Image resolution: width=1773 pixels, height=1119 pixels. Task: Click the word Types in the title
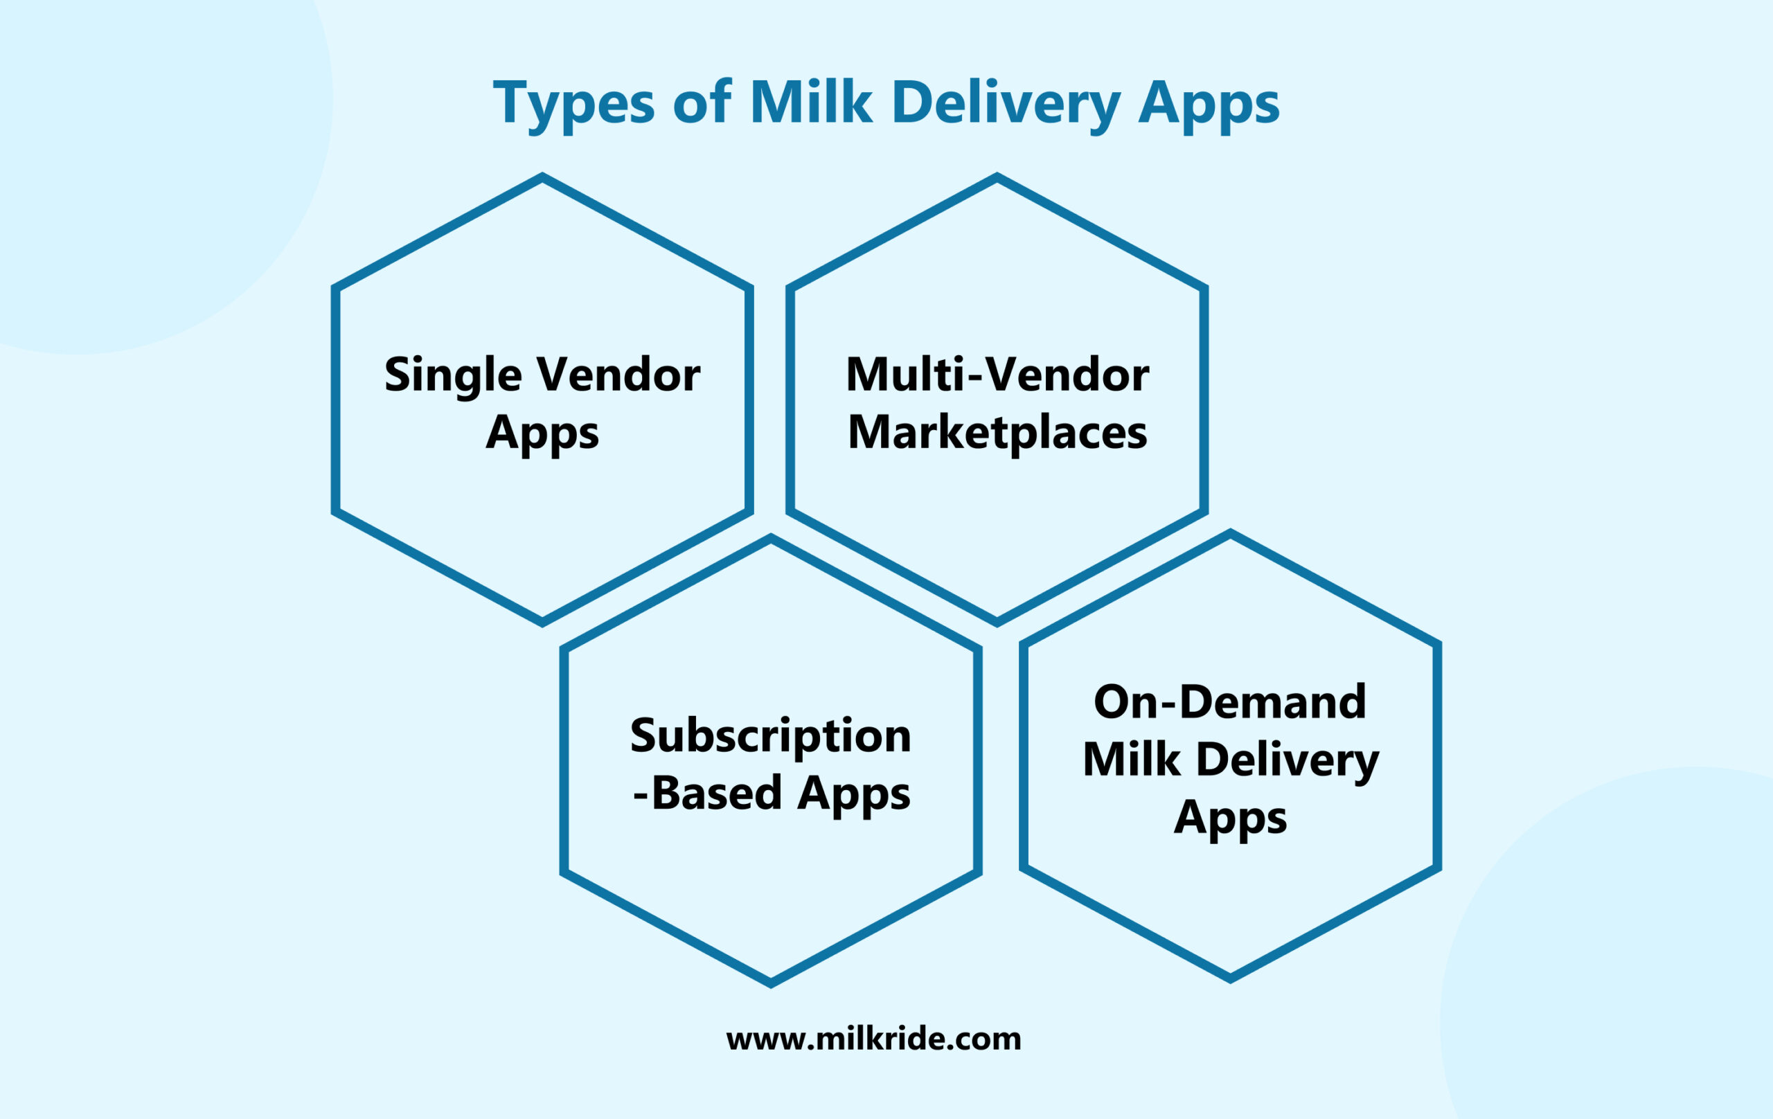(x=573, y=104)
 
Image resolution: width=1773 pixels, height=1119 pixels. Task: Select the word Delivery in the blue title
(x=1006, y=104)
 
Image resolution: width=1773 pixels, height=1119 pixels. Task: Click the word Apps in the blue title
(x=1209, y=104)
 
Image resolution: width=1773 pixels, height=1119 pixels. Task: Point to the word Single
(x=454, y=375)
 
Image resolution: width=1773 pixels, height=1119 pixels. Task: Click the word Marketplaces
(x=997, y=432)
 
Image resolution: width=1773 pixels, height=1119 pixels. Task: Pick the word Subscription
(x=770, y=735)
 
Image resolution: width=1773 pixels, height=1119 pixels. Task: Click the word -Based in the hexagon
(x=707, y=793)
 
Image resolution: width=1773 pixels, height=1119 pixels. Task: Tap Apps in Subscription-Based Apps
(x=853, y=794)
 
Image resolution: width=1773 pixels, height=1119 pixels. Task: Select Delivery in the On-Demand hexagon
(x=1287, y=760)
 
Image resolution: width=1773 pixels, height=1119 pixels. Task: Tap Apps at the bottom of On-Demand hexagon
(x=1229, y=818)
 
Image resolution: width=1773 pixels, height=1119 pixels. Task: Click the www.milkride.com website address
(x=873, y=1039)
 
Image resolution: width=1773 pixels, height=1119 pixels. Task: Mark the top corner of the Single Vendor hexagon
(x=543, y=177)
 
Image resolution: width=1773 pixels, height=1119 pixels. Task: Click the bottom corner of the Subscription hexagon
(x=771, y=983)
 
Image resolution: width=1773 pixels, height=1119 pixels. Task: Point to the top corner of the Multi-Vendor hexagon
(x=997, y=177)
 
